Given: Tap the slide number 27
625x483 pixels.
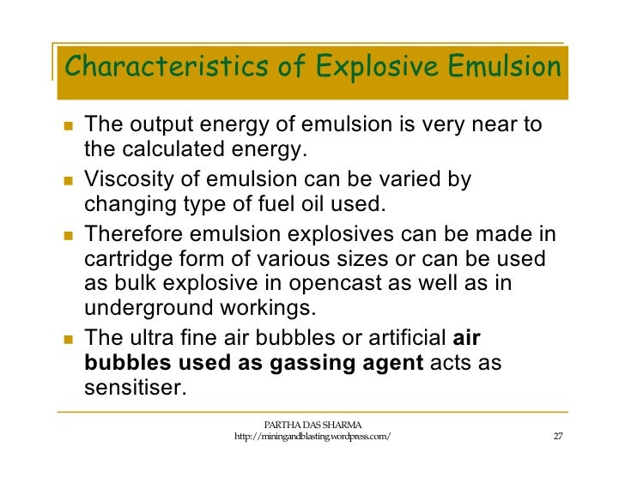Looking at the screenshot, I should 557,437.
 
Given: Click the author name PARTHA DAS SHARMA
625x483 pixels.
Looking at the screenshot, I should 312,424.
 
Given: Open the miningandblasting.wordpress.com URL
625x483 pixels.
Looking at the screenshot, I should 312,438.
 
